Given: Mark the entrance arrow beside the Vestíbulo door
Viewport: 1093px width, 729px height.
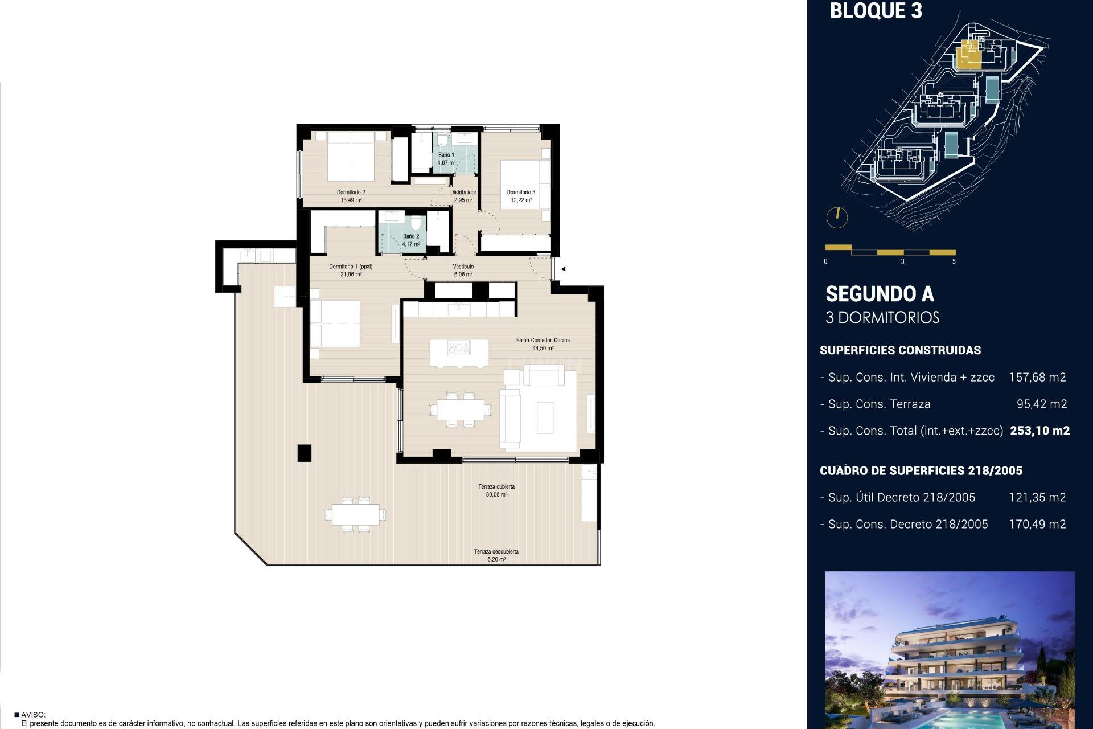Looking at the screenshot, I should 563,269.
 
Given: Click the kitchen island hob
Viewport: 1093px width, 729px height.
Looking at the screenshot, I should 458,347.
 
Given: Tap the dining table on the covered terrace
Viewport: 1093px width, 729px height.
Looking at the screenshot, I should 356,515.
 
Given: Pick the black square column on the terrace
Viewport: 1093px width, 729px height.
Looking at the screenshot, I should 305,453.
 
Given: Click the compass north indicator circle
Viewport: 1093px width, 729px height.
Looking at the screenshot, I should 837,217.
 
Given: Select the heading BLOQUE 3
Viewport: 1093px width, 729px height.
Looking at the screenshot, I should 876,11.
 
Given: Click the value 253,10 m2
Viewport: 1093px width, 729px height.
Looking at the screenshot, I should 1039,431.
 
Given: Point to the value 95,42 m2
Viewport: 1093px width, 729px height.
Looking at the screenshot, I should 1042,404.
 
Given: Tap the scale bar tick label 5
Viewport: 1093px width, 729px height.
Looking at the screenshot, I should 954,261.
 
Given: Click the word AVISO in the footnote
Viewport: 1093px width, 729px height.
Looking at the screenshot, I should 33,715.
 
